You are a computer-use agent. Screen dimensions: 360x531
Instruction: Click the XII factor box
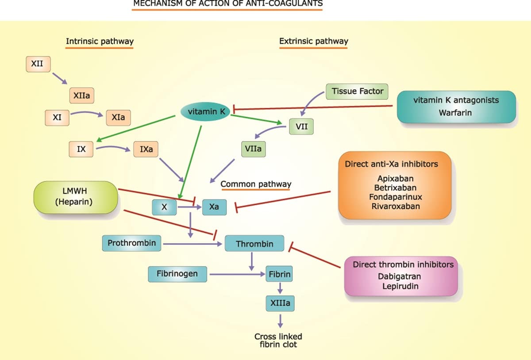coord(37,64)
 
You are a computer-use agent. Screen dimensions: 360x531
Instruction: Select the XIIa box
coord(82,95)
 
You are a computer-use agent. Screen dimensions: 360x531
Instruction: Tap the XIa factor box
coord(118,118)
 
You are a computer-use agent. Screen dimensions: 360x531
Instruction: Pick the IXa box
coord(146,149)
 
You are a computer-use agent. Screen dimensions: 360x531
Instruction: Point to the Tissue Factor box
coord(358,92)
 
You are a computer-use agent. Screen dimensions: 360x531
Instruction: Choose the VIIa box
coord(253,149)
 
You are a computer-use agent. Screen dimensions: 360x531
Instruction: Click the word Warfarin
coord(455,113)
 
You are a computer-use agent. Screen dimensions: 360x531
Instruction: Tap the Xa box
coord(214,207)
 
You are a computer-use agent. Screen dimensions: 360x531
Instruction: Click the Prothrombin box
coord(132,243)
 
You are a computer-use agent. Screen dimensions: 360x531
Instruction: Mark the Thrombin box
coord(254,244)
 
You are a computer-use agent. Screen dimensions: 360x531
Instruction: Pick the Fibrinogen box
coord(177,274)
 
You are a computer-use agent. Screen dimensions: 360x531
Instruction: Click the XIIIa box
coord(280,303)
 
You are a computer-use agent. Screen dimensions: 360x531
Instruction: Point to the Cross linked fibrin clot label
coord(278,340)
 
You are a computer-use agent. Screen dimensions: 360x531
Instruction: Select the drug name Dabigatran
coord(399,277)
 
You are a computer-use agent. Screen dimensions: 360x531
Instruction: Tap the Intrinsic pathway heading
coord(100,42)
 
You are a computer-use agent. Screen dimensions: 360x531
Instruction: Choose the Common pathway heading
coord(256,184)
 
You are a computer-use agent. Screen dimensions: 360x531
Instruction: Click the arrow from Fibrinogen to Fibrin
coord(237,274)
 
